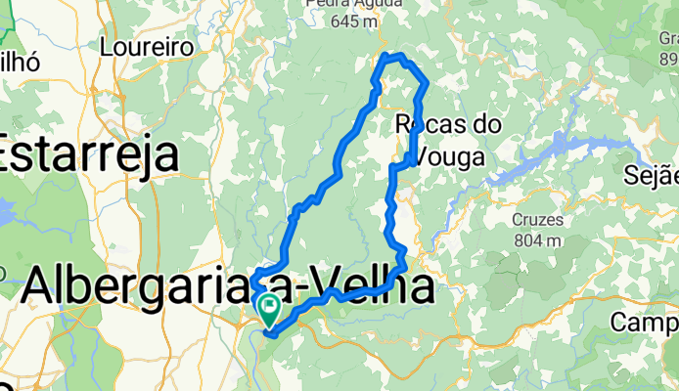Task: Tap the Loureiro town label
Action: pos(144,46)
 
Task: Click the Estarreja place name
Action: pos(90,155)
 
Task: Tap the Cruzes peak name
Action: pos(536,219)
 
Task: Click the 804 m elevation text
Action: pos(536,239)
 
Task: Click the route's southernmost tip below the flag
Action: pos(269,334)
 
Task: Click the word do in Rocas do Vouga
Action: pos(486,125)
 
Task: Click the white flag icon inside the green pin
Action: pos(268,306)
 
